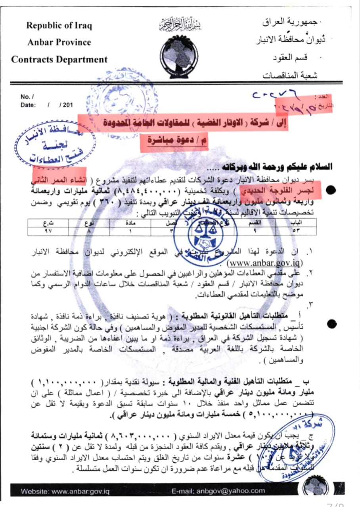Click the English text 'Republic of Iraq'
click(x=59, y=26)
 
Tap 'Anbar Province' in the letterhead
click(x=59, y=42)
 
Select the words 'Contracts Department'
click(x=59, y=60)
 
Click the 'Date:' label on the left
click(x=28, y=105)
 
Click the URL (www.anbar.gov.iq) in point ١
click(x=265, y=262)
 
